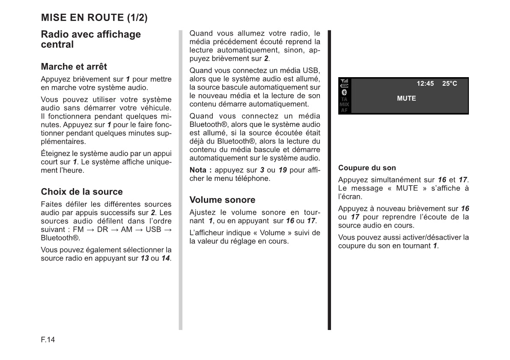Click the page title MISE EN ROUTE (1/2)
point(94,18)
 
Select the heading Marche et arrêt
point(74,66)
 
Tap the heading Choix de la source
point(82,192)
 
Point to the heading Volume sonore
point(222,200)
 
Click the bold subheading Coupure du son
point(367,168)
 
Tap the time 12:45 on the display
point(425,84)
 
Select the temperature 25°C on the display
point(450,84)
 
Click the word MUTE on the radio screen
point(406,98)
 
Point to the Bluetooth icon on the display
point(344,92)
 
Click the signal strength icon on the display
point(344,81)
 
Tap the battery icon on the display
point(344,86)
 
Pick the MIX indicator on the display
point(344,104)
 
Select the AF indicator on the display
point(344,110)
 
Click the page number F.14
point(48,340)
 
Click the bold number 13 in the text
point(145,258)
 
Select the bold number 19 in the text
point(283,170)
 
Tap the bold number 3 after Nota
point(262,170)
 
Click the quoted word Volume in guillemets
point(274,233)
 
